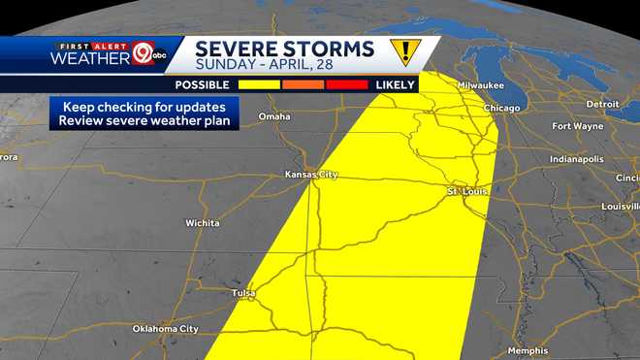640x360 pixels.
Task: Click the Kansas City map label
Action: click(310, 175)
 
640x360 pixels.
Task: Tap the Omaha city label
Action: click(274, 116)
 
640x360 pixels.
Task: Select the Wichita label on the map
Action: click(203, 223)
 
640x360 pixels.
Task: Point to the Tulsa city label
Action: click(244, 291)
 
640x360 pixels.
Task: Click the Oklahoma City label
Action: click(165, 329)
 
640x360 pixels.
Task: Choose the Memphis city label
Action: click(528, 350)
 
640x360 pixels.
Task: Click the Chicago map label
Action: click(501, 108)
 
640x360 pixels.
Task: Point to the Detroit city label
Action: click(602, 104)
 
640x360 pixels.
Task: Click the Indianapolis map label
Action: click(576, 158)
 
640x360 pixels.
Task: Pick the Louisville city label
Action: click(620, 207)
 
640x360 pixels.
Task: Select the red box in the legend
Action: click(347, 85)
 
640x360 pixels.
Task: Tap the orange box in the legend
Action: click(303, 85)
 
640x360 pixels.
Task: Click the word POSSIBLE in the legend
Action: click(202, 85)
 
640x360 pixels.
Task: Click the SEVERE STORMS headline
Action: click(284, 49)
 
